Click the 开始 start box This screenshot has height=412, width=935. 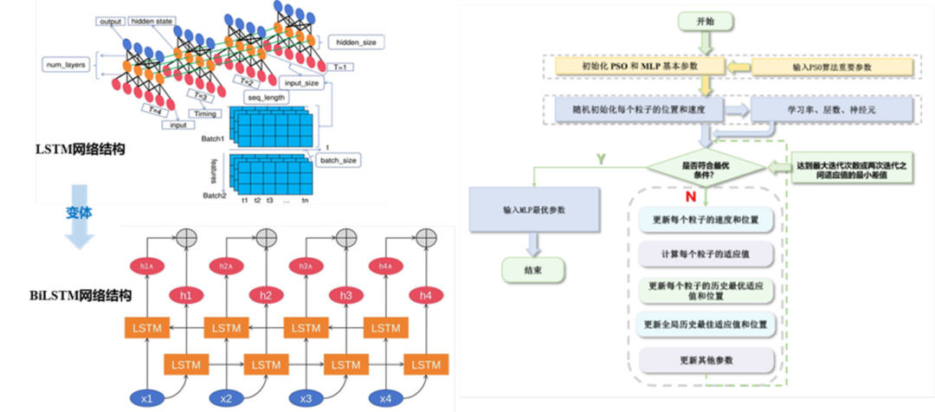pos(707,21)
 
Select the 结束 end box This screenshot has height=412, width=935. pos(533,270)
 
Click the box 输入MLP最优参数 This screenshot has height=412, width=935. pos(534,210)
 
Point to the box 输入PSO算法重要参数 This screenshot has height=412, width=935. pos(830,67)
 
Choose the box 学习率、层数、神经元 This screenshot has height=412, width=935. pos(830,110)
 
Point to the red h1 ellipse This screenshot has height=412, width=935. pos(185,295)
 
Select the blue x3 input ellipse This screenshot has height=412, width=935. pos(305,398)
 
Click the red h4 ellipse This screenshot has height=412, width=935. pos(425,295)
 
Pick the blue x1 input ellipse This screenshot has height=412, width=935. pos(147,398)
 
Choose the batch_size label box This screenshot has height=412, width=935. pos(338,160)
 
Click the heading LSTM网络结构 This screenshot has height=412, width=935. pos(80,149)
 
